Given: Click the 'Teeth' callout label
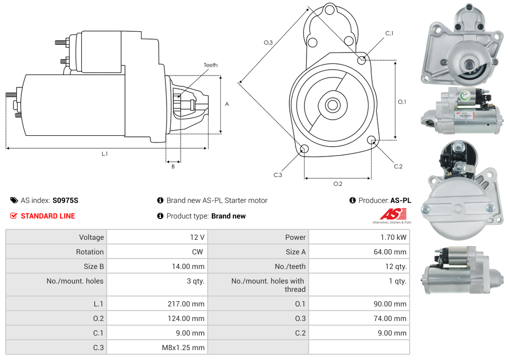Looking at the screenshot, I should click(x=210, y=65).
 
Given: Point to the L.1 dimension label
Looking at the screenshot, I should click(x=105, y=153).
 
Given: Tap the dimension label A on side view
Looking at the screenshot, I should click(x=227, y=104).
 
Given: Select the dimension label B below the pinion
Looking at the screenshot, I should click(x=173, y=166).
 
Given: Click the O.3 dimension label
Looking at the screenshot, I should click(x=269, y=43).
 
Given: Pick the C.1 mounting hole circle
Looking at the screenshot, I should click(x=362, y=60).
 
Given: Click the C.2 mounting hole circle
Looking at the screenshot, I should click(x=372, y=140).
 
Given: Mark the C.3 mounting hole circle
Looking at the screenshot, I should click(x=304, y=150).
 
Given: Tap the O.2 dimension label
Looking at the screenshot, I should click(x=338, y=183).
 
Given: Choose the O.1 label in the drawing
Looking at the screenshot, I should click(x=402, y=101).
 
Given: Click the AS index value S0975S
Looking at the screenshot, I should click(x=65, y=200).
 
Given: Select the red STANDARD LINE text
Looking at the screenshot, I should click(x=47, y=216).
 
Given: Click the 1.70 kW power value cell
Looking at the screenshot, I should click(x=359, y=237).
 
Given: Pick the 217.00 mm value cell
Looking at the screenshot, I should click(x=157, y=304).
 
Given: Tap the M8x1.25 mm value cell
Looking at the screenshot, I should click(x=157, y=348).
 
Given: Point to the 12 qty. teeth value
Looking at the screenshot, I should click(x=359, y=266).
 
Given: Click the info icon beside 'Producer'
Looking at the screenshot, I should click(x=352, y=200).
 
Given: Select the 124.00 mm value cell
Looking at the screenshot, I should click(x=157, y=318).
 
